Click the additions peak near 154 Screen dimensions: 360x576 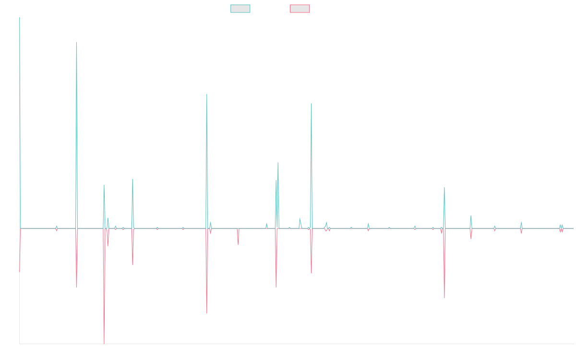[x=76, y=42]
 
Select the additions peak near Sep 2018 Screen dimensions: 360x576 [x=207, y=94]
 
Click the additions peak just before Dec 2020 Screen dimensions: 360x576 [x=312, y=104]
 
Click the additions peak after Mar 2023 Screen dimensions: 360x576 [x=444, y=187]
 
